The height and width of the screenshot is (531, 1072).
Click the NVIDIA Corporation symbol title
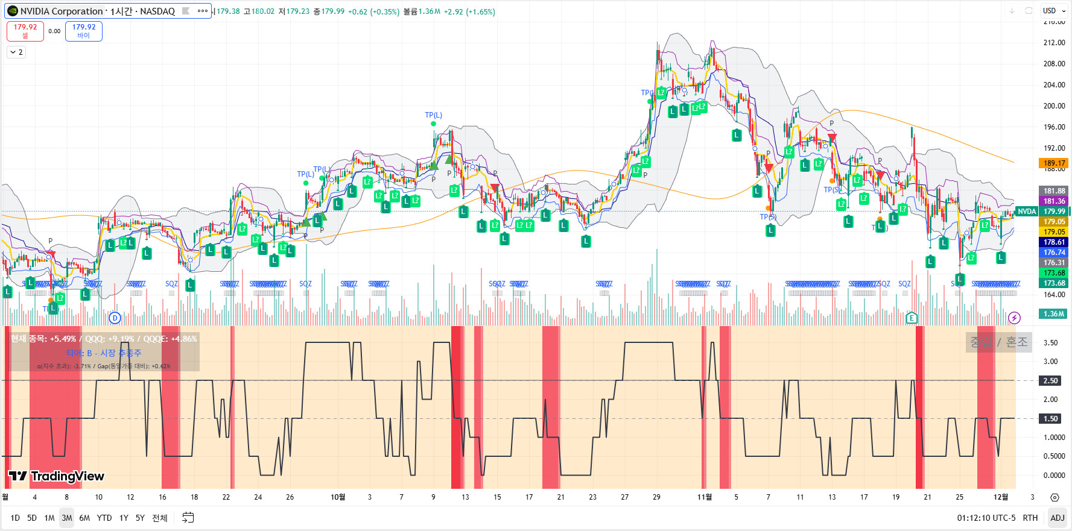click(62, 11)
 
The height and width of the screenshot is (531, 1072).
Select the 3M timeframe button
click(67, 518)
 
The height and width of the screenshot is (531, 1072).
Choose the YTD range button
click(104, 518)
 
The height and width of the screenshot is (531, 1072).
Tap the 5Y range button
click(140, 518)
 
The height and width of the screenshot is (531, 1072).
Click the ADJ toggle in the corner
click(1057, 518)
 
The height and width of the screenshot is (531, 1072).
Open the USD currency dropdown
click(1053, 11)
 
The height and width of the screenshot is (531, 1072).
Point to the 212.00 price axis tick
click(1054, 43)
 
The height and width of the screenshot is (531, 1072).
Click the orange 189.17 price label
click(1054, 163)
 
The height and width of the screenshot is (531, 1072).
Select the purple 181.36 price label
click(1054, 201)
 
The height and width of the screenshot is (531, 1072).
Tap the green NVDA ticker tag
click(1027, 212)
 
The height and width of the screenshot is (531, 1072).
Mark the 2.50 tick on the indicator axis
click(1051, 381)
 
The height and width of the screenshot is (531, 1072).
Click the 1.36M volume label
click(1053, 314)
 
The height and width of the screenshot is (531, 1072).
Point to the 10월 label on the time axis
click(338, 497)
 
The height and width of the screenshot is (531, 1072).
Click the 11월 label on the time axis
click(704, 497)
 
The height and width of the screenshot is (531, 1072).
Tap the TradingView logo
click(57, 476)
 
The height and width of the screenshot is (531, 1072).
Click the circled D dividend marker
click(115, 318)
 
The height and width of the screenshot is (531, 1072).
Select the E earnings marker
click(912, 318)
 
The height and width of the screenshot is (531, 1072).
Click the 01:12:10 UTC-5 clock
click(986, 518)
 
